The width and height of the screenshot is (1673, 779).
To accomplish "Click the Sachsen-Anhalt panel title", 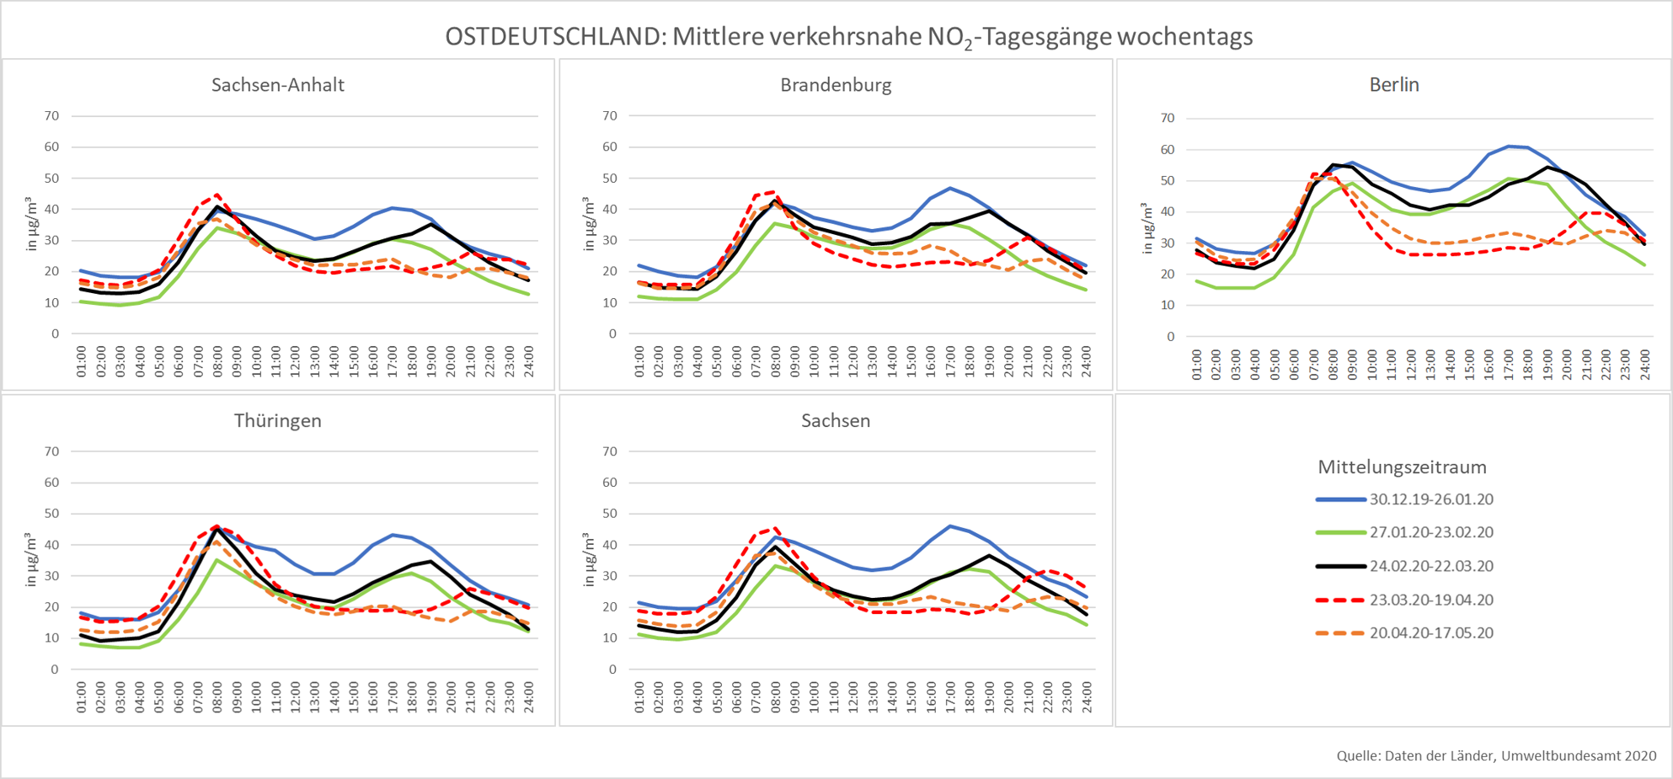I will point(277,85).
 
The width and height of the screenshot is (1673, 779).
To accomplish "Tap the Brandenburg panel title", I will point(836,85).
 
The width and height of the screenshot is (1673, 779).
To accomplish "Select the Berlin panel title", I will point(1394,85).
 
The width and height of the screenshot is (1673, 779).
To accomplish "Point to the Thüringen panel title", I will point(277,420).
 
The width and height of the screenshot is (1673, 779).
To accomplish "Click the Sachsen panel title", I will point(836,420).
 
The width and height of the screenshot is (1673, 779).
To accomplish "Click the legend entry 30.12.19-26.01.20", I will point(1430,499).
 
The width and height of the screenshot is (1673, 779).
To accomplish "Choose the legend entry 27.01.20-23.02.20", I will point(1430,532).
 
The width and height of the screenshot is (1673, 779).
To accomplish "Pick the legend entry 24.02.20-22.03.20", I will point(1430,566).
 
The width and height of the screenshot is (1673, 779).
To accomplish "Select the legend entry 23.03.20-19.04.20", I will point(1430,600).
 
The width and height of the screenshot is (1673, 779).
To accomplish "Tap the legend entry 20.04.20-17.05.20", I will point(1430,633).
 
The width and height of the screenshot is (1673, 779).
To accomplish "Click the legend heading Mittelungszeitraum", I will point(1402,467).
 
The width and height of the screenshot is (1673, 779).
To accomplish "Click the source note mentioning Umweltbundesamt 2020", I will point(1496,756).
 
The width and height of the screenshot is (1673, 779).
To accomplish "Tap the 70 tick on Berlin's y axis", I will point(1167,118).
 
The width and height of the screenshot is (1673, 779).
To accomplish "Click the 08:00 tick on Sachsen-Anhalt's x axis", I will point(217,360).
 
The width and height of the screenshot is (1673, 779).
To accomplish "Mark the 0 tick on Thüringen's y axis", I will point(55,670).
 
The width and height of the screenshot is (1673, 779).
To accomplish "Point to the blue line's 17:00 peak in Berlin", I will point(1509,147).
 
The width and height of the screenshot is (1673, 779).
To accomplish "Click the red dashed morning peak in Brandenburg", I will point(774,192).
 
